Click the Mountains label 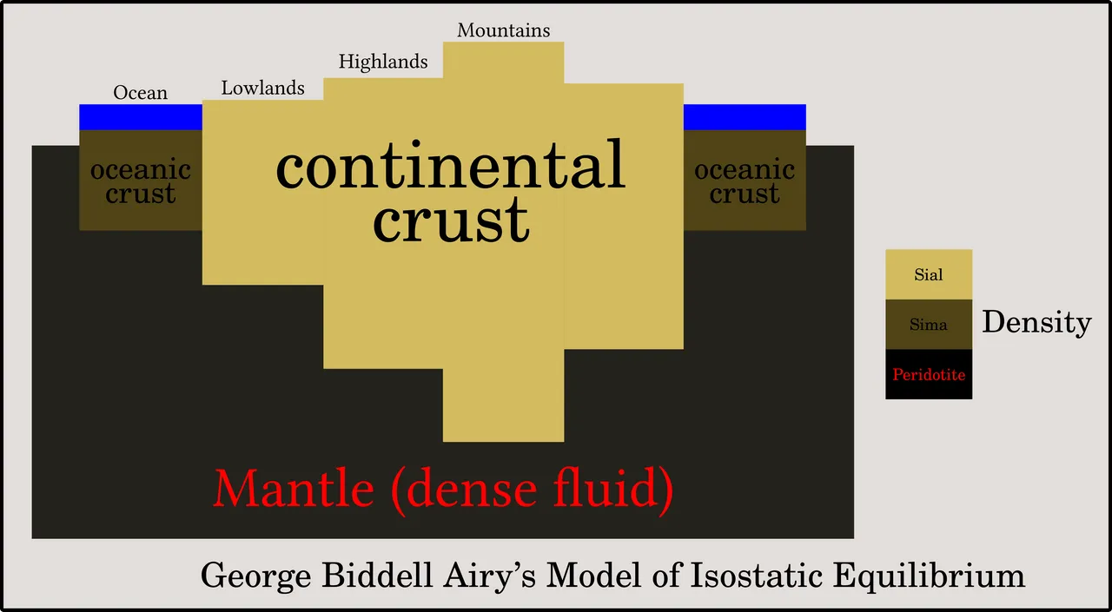[x=503, y=30]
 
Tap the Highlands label [x=383, y=62]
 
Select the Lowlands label [x=262, y=88]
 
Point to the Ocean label [x=141, y=93]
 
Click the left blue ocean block [x=141, y=117]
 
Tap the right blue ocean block [x=745, y=117]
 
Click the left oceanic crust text [x=141, y=181]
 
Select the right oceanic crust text [x=745, y=181]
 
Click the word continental [x=450, y=165]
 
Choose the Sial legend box [x=929, y=274]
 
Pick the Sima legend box [x=929, y=325]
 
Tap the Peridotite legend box [x=929, y=374]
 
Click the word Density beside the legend [x=1036, y=322]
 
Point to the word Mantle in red [x=294, y=489]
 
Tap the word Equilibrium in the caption [x=929, y=576]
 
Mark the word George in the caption [x=255, y=576]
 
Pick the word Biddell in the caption [x=377, y=576]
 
